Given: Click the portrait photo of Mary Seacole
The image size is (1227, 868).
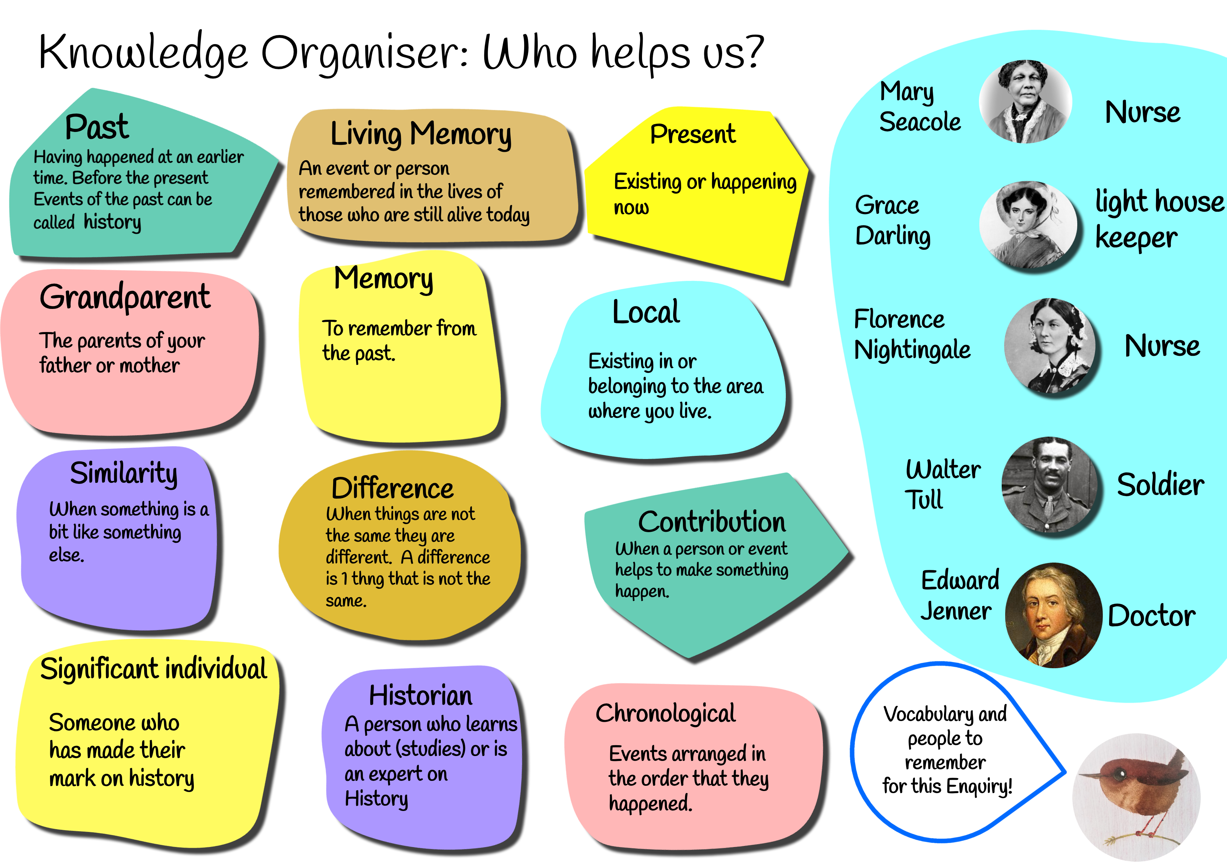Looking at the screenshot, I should click(1025, 101).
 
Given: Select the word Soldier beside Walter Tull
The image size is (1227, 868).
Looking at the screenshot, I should click(1160, 485).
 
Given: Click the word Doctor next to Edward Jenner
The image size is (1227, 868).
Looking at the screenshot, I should click(1152, 616).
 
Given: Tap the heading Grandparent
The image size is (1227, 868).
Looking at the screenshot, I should click(125, 297).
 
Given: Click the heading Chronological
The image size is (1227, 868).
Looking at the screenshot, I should click(665, 713).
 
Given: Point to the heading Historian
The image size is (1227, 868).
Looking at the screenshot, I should click(421, 696).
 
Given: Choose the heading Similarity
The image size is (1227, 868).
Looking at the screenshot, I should click(124, 474).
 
